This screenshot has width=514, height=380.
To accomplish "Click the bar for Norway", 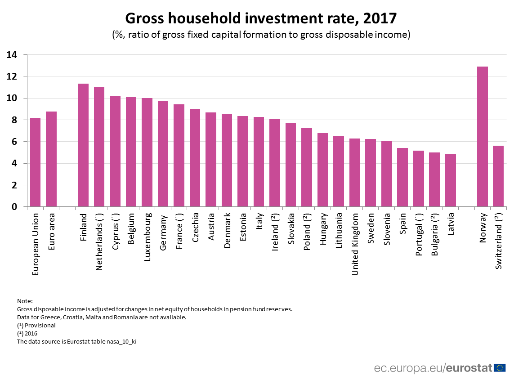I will (x=482, y=137).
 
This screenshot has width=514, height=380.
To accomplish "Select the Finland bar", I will (x=83, y=145).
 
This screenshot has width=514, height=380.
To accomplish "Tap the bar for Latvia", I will (x=450, y=180).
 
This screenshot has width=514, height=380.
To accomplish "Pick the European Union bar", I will (x=35, y=162).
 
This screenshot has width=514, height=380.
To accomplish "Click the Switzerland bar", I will (x=498, y=176).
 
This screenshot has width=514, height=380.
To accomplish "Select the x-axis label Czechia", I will (x=196, y=228).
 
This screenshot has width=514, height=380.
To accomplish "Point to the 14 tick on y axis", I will (x=12, y=55).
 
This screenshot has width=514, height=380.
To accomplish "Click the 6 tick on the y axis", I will (x=14, y=142).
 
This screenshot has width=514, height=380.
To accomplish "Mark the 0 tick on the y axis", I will (x=14, y=207).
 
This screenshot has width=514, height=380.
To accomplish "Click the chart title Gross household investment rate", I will (x=261, y=18).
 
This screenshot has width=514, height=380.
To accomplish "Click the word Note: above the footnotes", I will (x=25, y=301).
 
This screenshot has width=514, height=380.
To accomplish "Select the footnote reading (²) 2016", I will (x=27, y=333).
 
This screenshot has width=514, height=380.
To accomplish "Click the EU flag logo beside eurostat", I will (x=500, y=368).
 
